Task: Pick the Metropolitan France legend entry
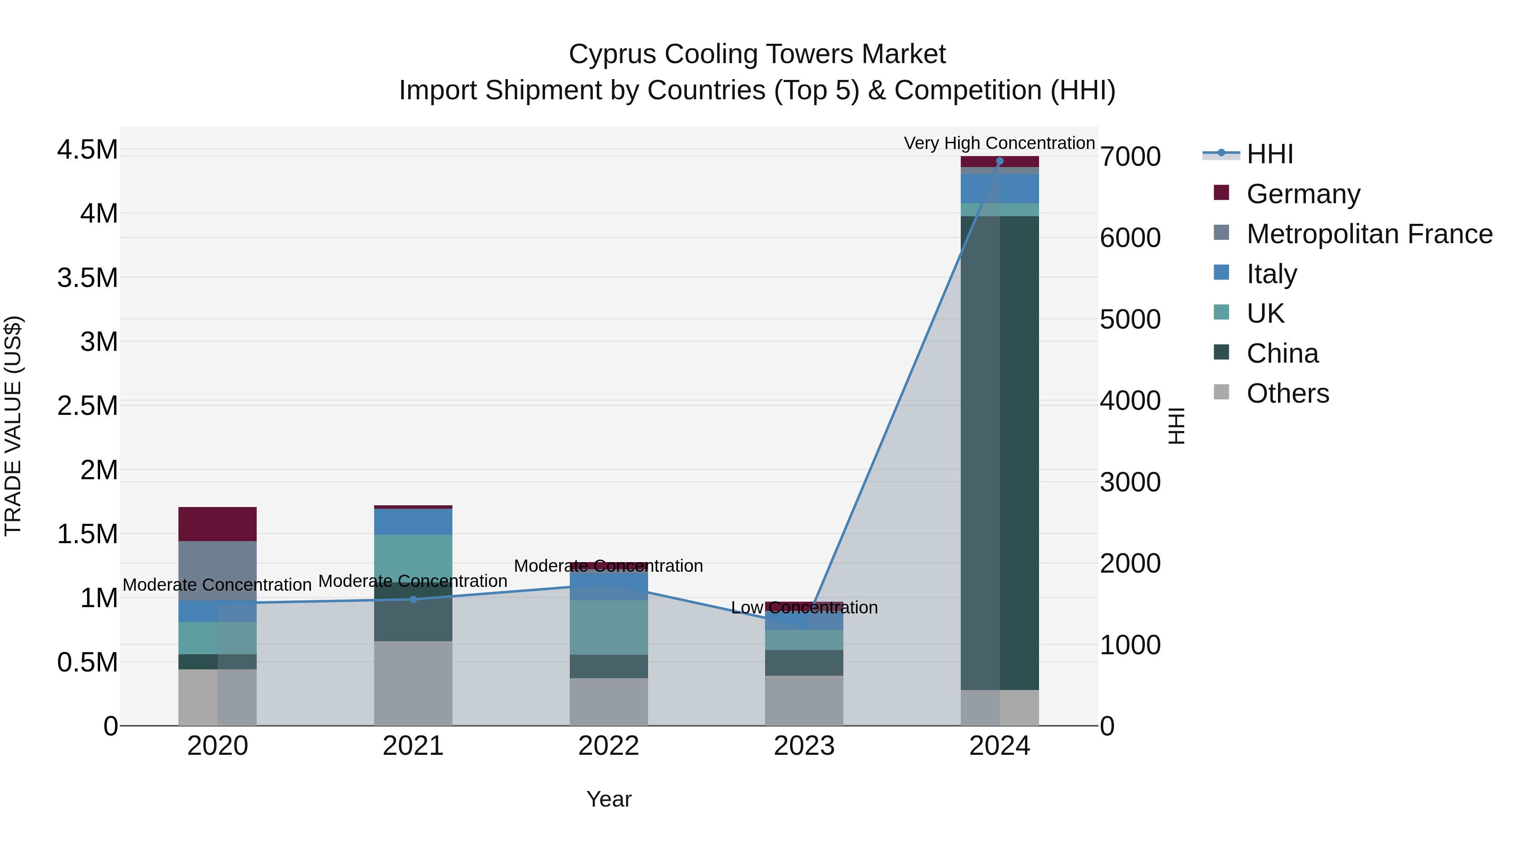click(x=1369, y=234)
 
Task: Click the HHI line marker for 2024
click(x=1000, y=161)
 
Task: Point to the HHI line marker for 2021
click(x=413, y=599)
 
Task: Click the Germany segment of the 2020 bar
click(x=218, y=524)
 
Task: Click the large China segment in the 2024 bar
click(x=1000, y=453)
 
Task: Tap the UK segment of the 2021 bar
click(x=413, y=556)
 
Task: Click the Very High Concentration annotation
click(x=999, y=143)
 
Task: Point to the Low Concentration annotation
click(x=804, y=608)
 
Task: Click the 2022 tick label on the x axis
click(x=609, y=746)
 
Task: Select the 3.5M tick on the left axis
click(x=87, y=278)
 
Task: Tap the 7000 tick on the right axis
click(x=1130, y=157)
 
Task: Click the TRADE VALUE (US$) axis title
click(x=13, y=426)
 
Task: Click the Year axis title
click(x=609, y=799)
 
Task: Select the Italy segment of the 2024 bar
click(x=1000, y=188)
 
